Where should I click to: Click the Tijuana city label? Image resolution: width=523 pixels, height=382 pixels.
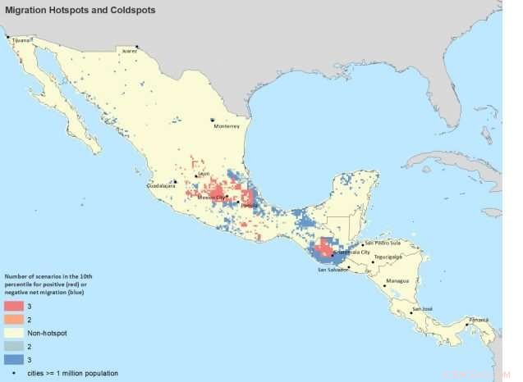coord(20,39)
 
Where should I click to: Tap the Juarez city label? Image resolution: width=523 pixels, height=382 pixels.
coord(130,51)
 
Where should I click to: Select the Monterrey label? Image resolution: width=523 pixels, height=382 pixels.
coord(226,127)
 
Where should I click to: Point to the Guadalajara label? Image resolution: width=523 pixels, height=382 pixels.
coord(161,186)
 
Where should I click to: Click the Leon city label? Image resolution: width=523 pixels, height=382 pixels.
coord(204,173)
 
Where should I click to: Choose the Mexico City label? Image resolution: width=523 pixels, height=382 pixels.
coord(213,198)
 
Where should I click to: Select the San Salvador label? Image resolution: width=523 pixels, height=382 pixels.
coord(333,270)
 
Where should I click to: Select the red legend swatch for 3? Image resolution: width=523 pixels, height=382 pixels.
coord(14,306)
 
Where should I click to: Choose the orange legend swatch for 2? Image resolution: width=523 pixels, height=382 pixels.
coord(14,320)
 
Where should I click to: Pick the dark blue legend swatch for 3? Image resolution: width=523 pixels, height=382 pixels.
coord(14,359)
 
